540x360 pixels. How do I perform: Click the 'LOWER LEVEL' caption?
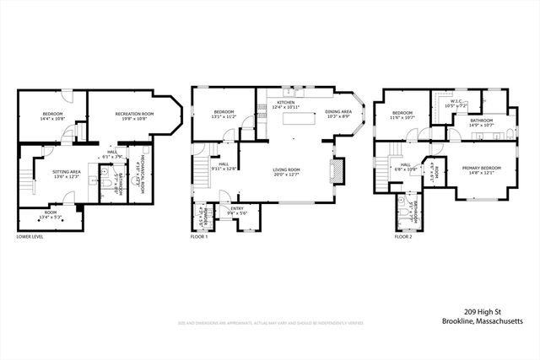coord(30,237)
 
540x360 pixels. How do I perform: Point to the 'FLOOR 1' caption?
coord(199,237)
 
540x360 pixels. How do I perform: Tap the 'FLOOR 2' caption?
coord(404,237)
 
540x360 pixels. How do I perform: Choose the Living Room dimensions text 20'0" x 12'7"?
coord(287,175)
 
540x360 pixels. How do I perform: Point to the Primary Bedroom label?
coord(481,169)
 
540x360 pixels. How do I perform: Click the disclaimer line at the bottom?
coord(270,322)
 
